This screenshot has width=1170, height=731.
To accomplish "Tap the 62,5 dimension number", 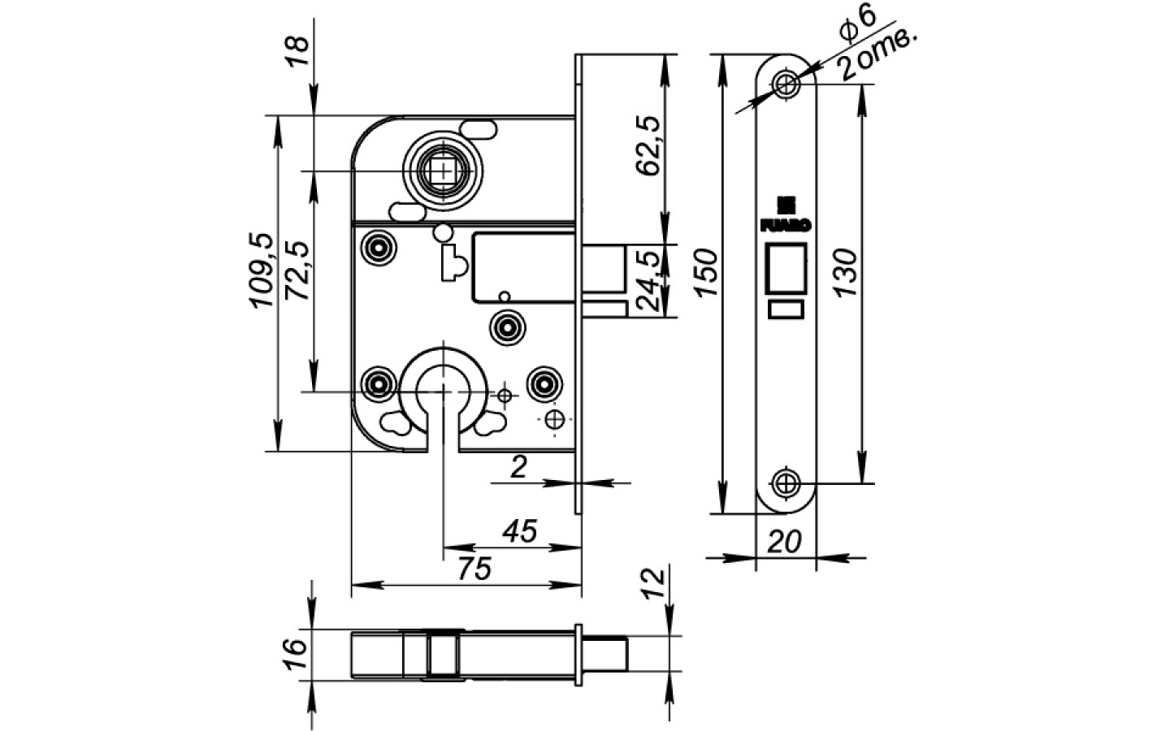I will pos(648,145).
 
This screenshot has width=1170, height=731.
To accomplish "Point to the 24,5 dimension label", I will pos(648,281).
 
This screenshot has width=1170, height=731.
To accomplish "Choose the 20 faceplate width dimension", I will pos(784,540).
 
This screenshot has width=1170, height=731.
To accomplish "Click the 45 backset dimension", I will pos(520,532).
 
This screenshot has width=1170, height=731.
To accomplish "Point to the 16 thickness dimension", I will pos(296,652).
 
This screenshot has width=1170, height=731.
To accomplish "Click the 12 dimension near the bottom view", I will pos(655,583).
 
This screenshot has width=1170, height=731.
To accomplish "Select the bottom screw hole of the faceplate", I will pos(786,483).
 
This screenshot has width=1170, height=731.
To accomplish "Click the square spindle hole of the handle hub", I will pos(443,171).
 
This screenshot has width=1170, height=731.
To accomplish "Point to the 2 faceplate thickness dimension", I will pos(520,467).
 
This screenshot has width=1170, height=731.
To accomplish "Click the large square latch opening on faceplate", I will pos(786,266).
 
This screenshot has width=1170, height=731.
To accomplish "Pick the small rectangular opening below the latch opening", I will pos(786,309).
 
